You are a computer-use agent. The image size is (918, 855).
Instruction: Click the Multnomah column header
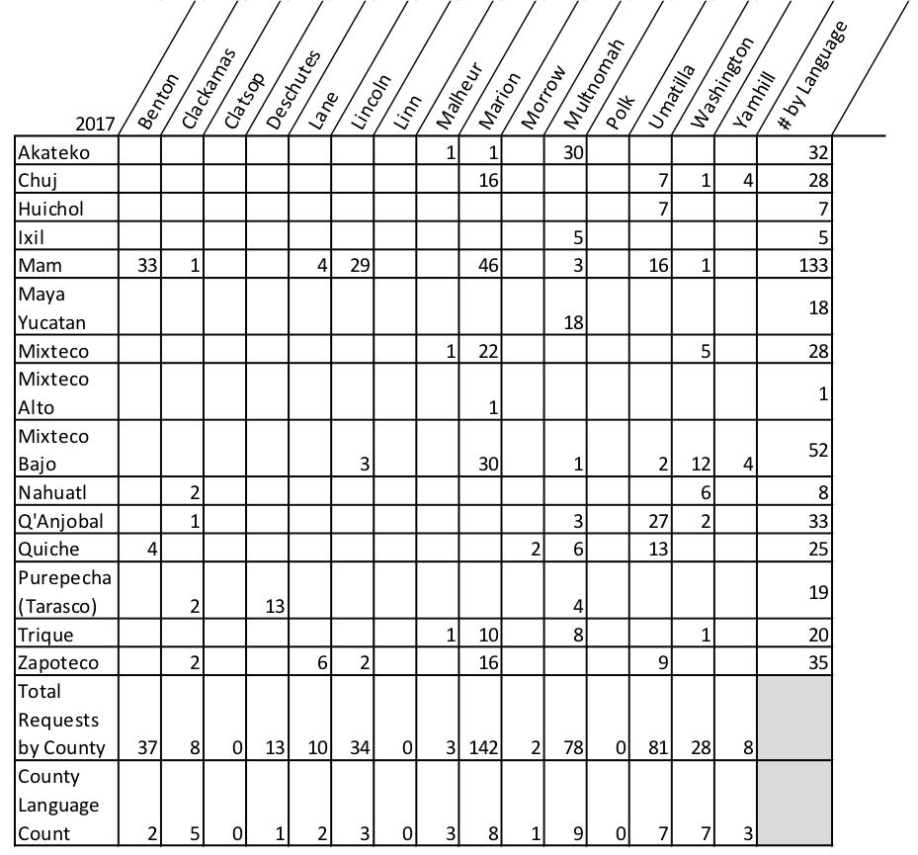pos(595,85)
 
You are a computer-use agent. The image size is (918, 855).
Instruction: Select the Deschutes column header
pos(294,90)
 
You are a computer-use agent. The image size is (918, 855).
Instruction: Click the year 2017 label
pos(94,125)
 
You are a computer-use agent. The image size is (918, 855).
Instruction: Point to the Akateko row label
pos(53,152)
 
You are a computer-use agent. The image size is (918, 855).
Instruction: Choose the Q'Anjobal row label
pos(59,521)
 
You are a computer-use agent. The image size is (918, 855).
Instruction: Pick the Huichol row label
pos(50,209)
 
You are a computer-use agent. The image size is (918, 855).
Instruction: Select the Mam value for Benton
pos(148,265)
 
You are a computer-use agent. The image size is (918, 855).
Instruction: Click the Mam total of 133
pos(815,265)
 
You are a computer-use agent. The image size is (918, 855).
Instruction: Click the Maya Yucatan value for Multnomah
pos(573,322)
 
